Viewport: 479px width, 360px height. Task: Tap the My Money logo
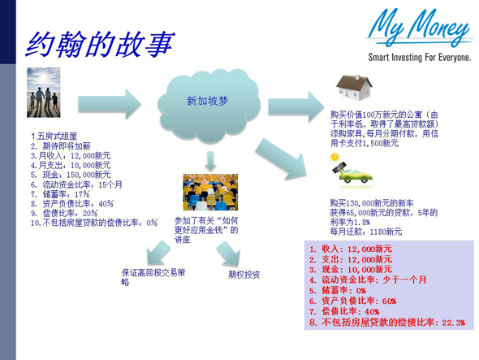pos(417,30)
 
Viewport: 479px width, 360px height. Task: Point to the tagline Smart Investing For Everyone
pos(419,59)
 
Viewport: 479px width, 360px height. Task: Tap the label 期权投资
pos(244,275)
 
